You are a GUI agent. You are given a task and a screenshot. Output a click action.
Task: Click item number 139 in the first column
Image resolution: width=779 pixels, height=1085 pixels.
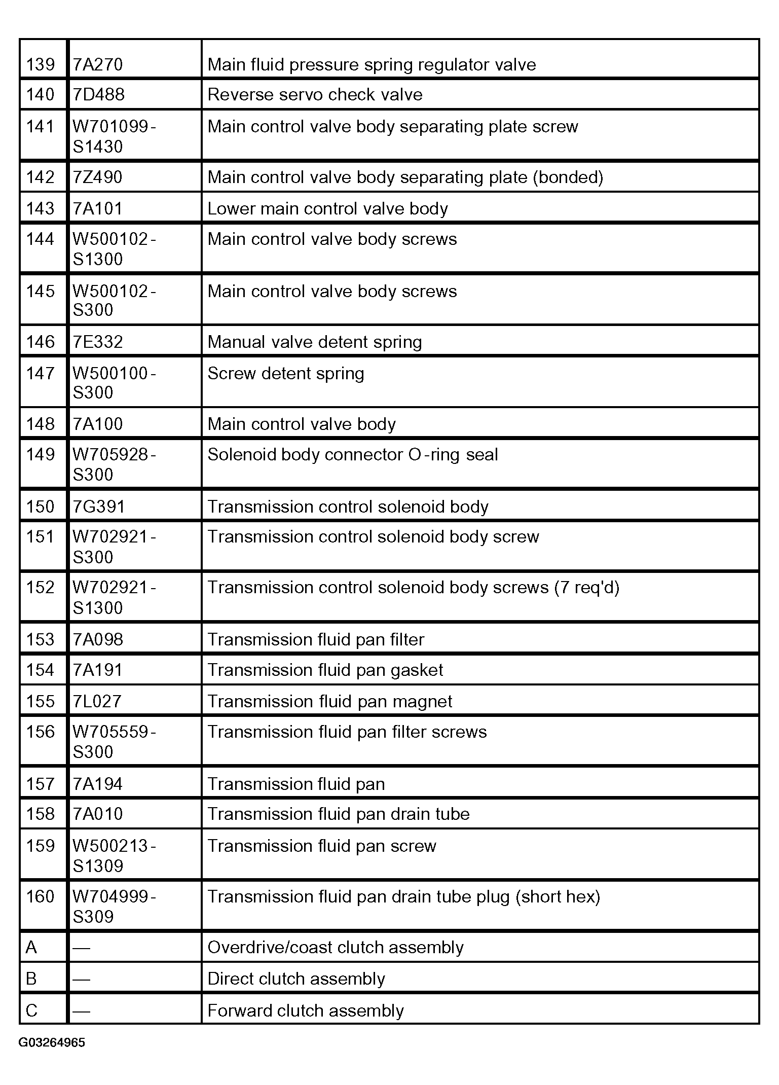[41, 65]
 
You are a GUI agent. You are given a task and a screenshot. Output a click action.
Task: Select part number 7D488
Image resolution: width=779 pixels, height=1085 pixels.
[99, 95]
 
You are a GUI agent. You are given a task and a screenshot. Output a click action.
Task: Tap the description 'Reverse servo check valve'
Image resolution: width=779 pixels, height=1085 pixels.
[315, 95]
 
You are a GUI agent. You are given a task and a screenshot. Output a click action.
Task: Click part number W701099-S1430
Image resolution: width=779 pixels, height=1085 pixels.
[114, 136]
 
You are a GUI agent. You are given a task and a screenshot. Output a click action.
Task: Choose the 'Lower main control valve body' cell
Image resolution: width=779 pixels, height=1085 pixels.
[327, 209]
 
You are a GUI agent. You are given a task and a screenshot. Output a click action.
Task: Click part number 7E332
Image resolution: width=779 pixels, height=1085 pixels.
[98, 342]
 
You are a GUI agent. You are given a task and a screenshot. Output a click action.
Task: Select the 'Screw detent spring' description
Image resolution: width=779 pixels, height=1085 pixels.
[286, 374]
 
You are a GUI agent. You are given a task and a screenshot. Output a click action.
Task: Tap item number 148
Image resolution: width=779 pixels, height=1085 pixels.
[41, 424]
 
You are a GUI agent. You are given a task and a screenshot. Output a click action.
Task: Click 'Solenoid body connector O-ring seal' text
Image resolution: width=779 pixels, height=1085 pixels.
[353, 455]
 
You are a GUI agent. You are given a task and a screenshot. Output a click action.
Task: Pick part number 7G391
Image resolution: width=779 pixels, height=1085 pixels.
[99, 507]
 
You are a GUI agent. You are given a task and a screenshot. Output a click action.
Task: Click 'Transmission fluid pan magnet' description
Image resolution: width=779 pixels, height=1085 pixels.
[330, 702]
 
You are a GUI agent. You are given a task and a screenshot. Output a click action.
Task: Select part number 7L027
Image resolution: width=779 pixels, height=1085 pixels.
[97, 702]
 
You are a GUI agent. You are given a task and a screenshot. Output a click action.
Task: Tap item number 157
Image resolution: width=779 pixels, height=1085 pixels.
[41, 784]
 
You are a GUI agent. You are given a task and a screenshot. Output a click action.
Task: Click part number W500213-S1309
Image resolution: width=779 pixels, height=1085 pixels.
[114, 856]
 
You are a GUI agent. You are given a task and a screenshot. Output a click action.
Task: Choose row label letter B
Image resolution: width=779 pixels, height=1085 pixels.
[31, 979]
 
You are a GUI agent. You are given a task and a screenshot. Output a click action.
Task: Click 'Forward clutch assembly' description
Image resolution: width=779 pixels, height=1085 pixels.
[306, 1011]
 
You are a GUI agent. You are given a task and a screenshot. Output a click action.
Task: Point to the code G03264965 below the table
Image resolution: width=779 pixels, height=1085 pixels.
[52, 1043]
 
